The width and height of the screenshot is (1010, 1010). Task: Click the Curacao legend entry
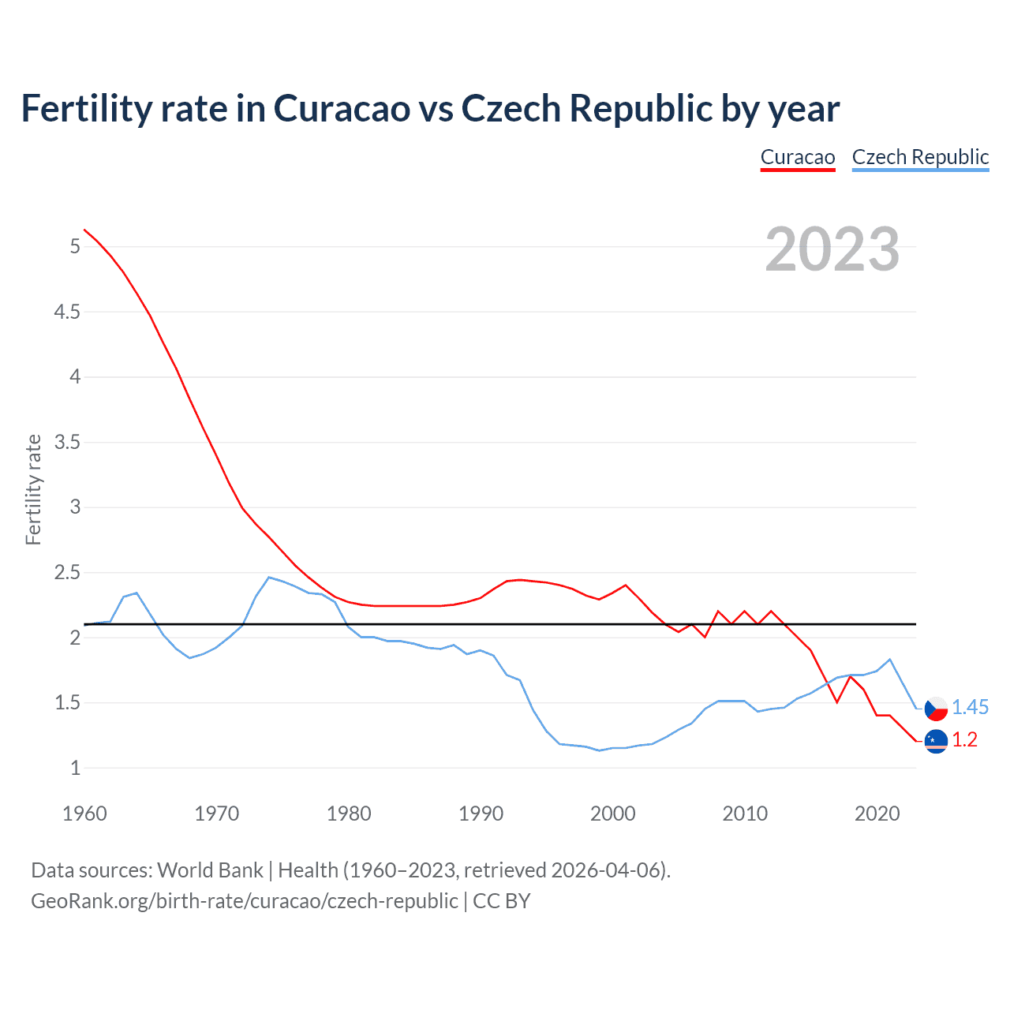pyautogui.click(x=798, y=157)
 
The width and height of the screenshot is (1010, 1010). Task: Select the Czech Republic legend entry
pyautogui.click(x=920, y=157)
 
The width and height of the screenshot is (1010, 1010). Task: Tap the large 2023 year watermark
pyautogui.click(x=832, y=249)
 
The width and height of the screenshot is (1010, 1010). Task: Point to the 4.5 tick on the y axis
pyautogui.click(x=67, y=312)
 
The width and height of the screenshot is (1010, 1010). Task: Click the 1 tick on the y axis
pyautogui.click(x=76, y=768)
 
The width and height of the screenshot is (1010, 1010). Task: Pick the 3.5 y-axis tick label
pyautogui.click(x=67, y=442)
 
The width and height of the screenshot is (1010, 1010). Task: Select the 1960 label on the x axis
pyautogui.click(x=84, y=814)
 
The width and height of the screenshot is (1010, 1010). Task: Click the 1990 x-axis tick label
pyautogui.click(x=481, y=814)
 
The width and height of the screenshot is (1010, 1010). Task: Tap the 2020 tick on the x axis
pyautogui.click(x=877, y=814)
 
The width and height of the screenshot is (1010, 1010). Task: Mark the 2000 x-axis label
pyautogui.click(x=612, y=814)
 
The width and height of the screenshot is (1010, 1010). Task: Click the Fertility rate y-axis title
pyautogui.click(x=33, y=489)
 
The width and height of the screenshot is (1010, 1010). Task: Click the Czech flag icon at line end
pyautogui.click(x=936, y=709)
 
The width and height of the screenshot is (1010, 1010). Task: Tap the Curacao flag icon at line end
pyautogui.click(x=936, y=741)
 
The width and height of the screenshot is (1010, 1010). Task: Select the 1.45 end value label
pyautogui.click(x=970, y=708)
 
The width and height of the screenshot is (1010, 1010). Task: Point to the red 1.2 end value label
pyautogui.click(x=964, y=740)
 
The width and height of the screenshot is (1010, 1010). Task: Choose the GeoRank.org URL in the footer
pyautogui.click(x=245, y=901)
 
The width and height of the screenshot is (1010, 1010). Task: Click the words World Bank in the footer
pyautogui.click(x=210, y=870)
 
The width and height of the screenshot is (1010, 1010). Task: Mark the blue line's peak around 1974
pyautogui.click(x=269, y=577)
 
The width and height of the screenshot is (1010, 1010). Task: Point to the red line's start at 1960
pyautogui.click(x=84, y=230)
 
